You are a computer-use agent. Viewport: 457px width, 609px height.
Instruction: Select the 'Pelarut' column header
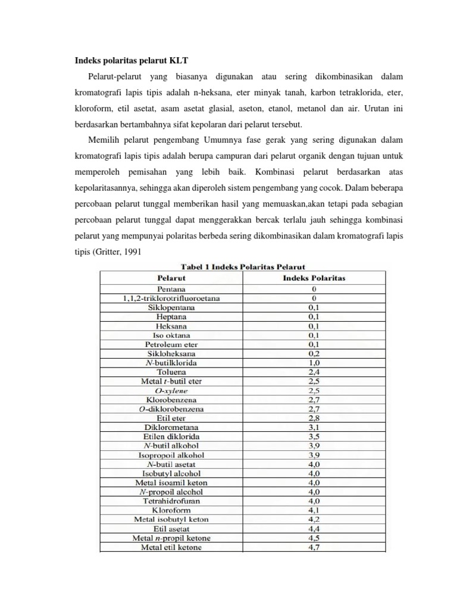pos(171,277)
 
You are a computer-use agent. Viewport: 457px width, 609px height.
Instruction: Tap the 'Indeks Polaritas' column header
pos(314,277)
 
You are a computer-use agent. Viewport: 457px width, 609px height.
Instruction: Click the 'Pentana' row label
pos(171,288)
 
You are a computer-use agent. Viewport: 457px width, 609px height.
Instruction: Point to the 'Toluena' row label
pos(171,372)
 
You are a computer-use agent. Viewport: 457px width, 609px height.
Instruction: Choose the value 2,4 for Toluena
pos(314,372)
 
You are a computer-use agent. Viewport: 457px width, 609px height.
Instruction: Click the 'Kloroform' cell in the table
pos(171,510)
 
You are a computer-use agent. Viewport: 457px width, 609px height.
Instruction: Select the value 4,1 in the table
pos(314,510)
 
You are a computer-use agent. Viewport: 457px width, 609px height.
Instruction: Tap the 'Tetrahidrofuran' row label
pos(171,501)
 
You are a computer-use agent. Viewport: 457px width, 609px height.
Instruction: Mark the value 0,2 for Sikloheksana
pos(314,353)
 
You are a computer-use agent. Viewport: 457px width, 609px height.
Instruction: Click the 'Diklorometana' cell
pos(171,427)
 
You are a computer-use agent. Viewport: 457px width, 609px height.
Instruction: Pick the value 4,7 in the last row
pos(314,547)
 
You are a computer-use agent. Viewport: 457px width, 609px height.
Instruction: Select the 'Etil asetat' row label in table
pos(171,528)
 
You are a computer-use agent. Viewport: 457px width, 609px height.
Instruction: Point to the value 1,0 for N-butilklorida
pos(314,362)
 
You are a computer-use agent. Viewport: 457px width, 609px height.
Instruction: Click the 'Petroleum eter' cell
pos(171,344)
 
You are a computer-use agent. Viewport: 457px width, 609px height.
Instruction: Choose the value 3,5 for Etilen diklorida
pos(314,436)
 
